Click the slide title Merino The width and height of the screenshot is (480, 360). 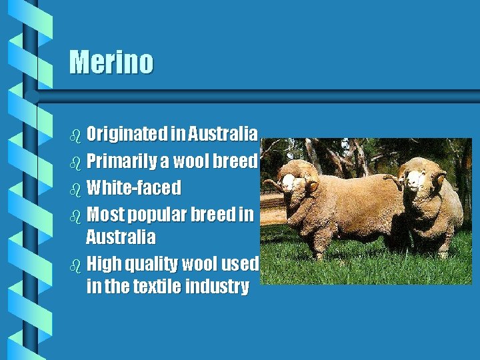pos(111,62)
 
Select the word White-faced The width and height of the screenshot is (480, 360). pos(133,188)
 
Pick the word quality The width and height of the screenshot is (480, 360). pos(147,264)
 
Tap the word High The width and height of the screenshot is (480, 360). pos(101,264)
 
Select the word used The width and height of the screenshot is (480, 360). pos(238,264)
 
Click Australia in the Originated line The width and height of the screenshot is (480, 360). pos(222,135)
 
